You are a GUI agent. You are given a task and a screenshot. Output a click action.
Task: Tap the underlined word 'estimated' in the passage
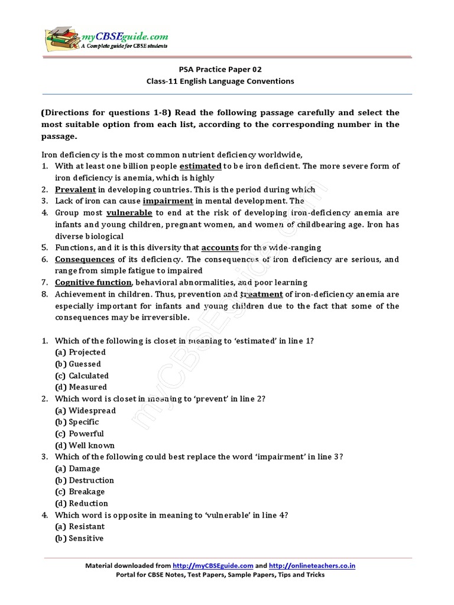click(200, 166)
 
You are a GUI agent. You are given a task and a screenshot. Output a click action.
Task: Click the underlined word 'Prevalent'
click(75, 190)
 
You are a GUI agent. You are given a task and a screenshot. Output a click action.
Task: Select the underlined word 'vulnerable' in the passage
click(129, 213)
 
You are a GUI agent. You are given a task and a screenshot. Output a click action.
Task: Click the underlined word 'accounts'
click(220, 248)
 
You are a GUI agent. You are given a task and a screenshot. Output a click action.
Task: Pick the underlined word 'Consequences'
click(85, 259)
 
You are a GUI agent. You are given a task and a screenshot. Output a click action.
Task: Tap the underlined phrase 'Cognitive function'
click(93, 282)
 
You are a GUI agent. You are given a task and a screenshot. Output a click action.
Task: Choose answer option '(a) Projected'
click(80, 352)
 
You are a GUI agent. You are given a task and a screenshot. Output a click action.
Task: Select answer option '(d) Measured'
click(80, 387)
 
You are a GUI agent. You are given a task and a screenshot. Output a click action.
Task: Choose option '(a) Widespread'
click(85, 410)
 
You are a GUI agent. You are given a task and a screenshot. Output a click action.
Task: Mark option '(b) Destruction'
click(84, 480)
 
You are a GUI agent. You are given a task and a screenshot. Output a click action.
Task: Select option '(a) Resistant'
click(79, 526)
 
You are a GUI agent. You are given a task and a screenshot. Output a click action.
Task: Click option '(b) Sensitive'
click(79, 538)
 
